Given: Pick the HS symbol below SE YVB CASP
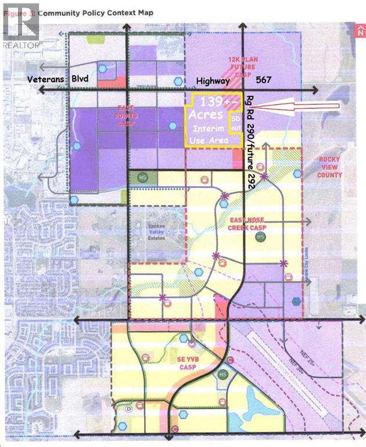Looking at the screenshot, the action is [x=221, y=375].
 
